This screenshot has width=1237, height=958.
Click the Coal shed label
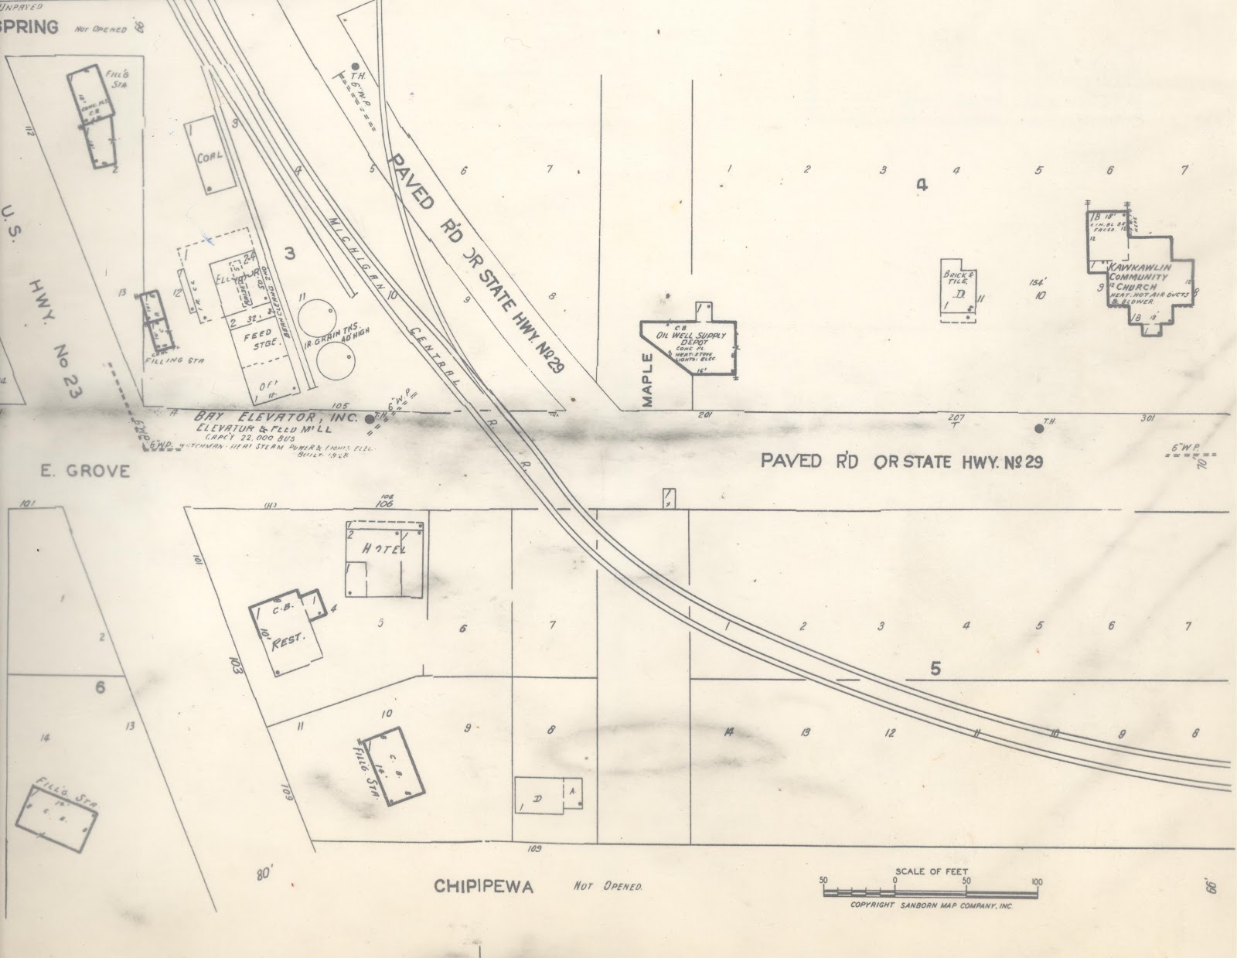click(210, 156)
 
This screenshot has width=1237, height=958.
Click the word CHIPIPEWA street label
click(484, 886)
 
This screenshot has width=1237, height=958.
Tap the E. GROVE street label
click(85, 470)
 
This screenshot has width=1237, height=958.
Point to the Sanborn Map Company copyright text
click(931, 905)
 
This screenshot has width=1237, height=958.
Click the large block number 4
click(920, 184)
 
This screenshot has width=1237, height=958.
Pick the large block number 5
click(935, 670)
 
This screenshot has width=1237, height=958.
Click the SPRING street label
click(29, 27)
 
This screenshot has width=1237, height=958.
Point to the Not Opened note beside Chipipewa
click(608, 886)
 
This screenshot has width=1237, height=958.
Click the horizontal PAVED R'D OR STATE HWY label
click(902, 462)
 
